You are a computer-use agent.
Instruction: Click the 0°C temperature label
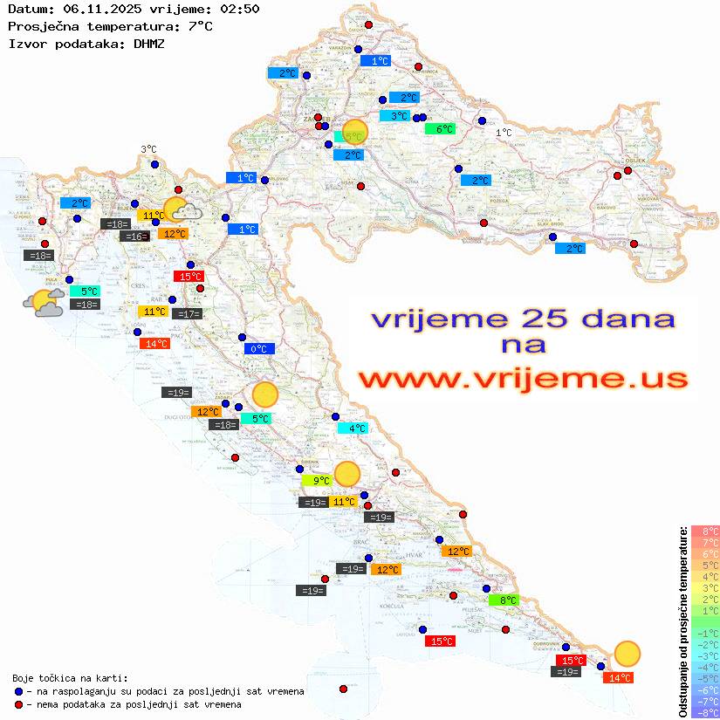coord(258,349)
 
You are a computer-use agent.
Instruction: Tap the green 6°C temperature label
coord(441,129)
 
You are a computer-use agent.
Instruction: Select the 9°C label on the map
coord(317,480)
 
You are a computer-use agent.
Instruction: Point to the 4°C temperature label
coord(353,429)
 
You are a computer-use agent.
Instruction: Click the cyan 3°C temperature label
coord(394,116)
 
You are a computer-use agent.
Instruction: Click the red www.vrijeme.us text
coord(523,380)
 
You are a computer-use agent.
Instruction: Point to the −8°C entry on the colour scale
coord(704,712)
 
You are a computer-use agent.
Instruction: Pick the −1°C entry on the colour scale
coord(704,633)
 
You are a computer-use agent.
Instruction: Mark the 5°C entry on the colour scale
coord(704,565)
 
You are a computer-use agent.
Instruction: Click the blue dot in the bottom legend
coord(19,691)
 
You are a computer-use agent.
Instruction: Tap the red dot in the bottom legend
coord(19,704)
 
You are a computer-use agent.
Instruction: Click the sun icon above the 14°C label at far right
coord(627,653)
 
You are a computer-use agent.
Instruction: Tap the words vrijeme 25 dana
coord(523,319)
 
